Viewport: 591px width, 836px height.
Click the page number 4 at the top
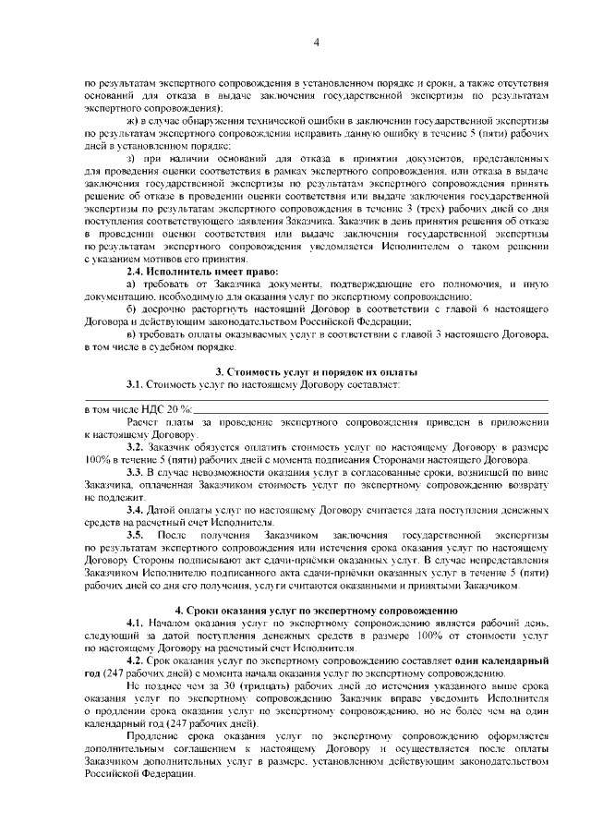click(316, 42)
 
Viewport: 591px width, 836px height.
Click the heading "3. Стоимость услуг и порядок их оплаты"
click(316, 370)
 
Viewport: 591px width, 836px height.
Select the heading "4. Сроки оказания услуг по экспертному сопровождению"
click(316, 612)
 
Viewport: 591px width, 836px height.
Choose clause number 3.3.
click(136, 472)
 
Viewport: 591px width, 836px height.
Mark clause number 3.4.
click(136, 510)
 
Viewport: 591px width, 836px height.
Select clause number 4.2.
click(136, 662)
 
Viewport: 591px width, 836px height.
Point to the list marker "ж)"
click(132, 121)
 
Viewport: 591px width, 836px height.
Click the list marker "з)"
click(131, 160)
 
